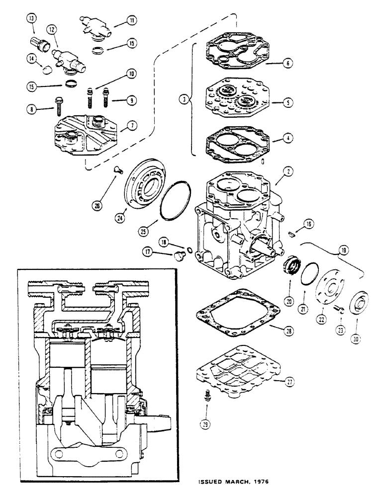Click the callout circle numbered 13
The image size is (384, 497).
tap(32, 19)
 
